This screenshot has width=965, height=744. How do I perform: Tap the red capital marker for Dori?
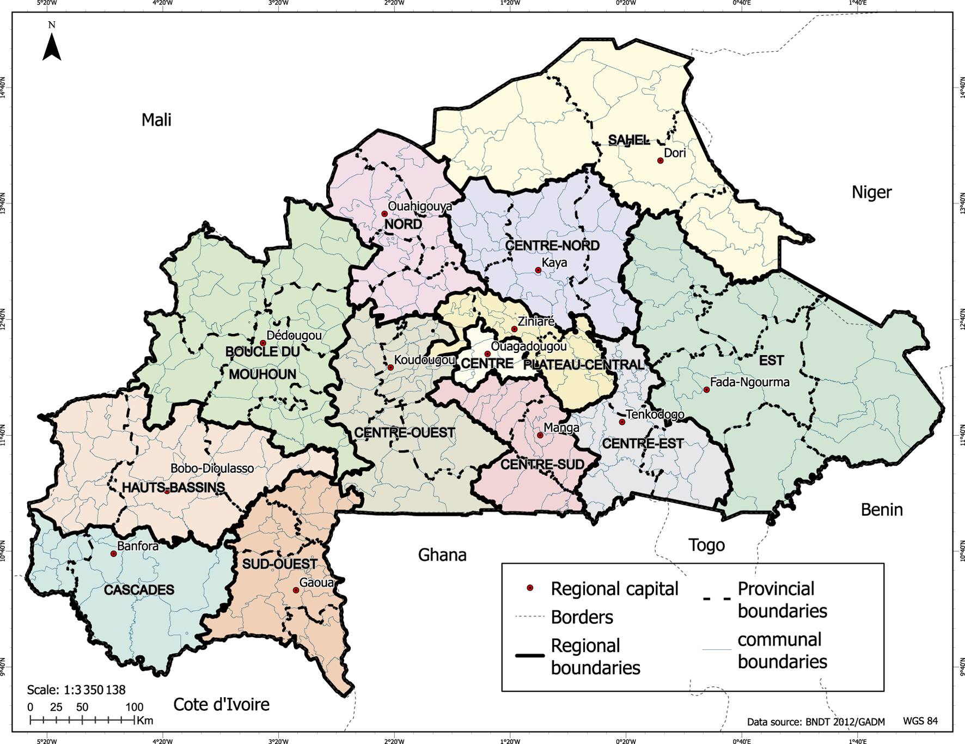click(660, 161)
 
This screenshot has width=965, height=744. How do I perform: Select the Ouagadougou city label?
click(529, 346)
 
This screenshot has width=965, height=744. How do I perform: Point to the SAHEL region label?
click(628, 140)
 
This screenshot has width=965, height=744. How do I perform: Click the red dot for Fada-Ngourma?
click(706, 390)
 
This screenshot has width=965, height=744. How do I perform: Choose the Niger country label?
click(871, 192)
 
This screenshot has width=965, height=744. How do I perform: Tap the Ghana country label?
click(442, 555)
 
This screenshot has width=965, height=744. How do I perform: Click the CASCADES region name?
click(139, 590)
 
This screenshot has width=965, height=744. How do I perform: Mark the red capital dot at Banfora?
click(113, 554)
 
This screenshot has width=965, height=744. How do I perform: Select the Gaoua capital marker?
click(296, 590)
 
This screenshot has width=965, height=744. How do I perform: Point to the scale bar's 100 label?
click(135, 707)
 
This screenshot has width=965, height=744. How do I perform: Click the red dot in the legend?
click(529, 588)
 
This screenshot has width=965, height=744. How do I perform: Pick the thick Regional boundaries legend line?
click(529, 655)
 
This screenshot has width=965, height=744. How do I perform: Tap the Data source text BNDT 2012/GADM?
click(816, 722)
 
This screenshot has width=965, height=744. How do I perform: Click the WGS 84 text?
click(920, 721)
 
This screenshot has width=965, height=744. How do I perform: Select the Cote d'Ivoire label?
click(221, 705)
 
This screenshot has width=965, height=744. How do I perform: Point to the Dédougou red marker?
click(263, 343)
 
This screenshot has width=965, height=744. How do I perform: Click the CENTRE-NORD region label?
click(552, 246)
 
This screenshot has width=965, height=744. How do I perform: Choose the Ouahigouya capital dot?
click(384, 214)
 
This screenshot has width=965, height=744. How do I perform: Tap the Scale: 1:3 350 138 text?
click(76, 690)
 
